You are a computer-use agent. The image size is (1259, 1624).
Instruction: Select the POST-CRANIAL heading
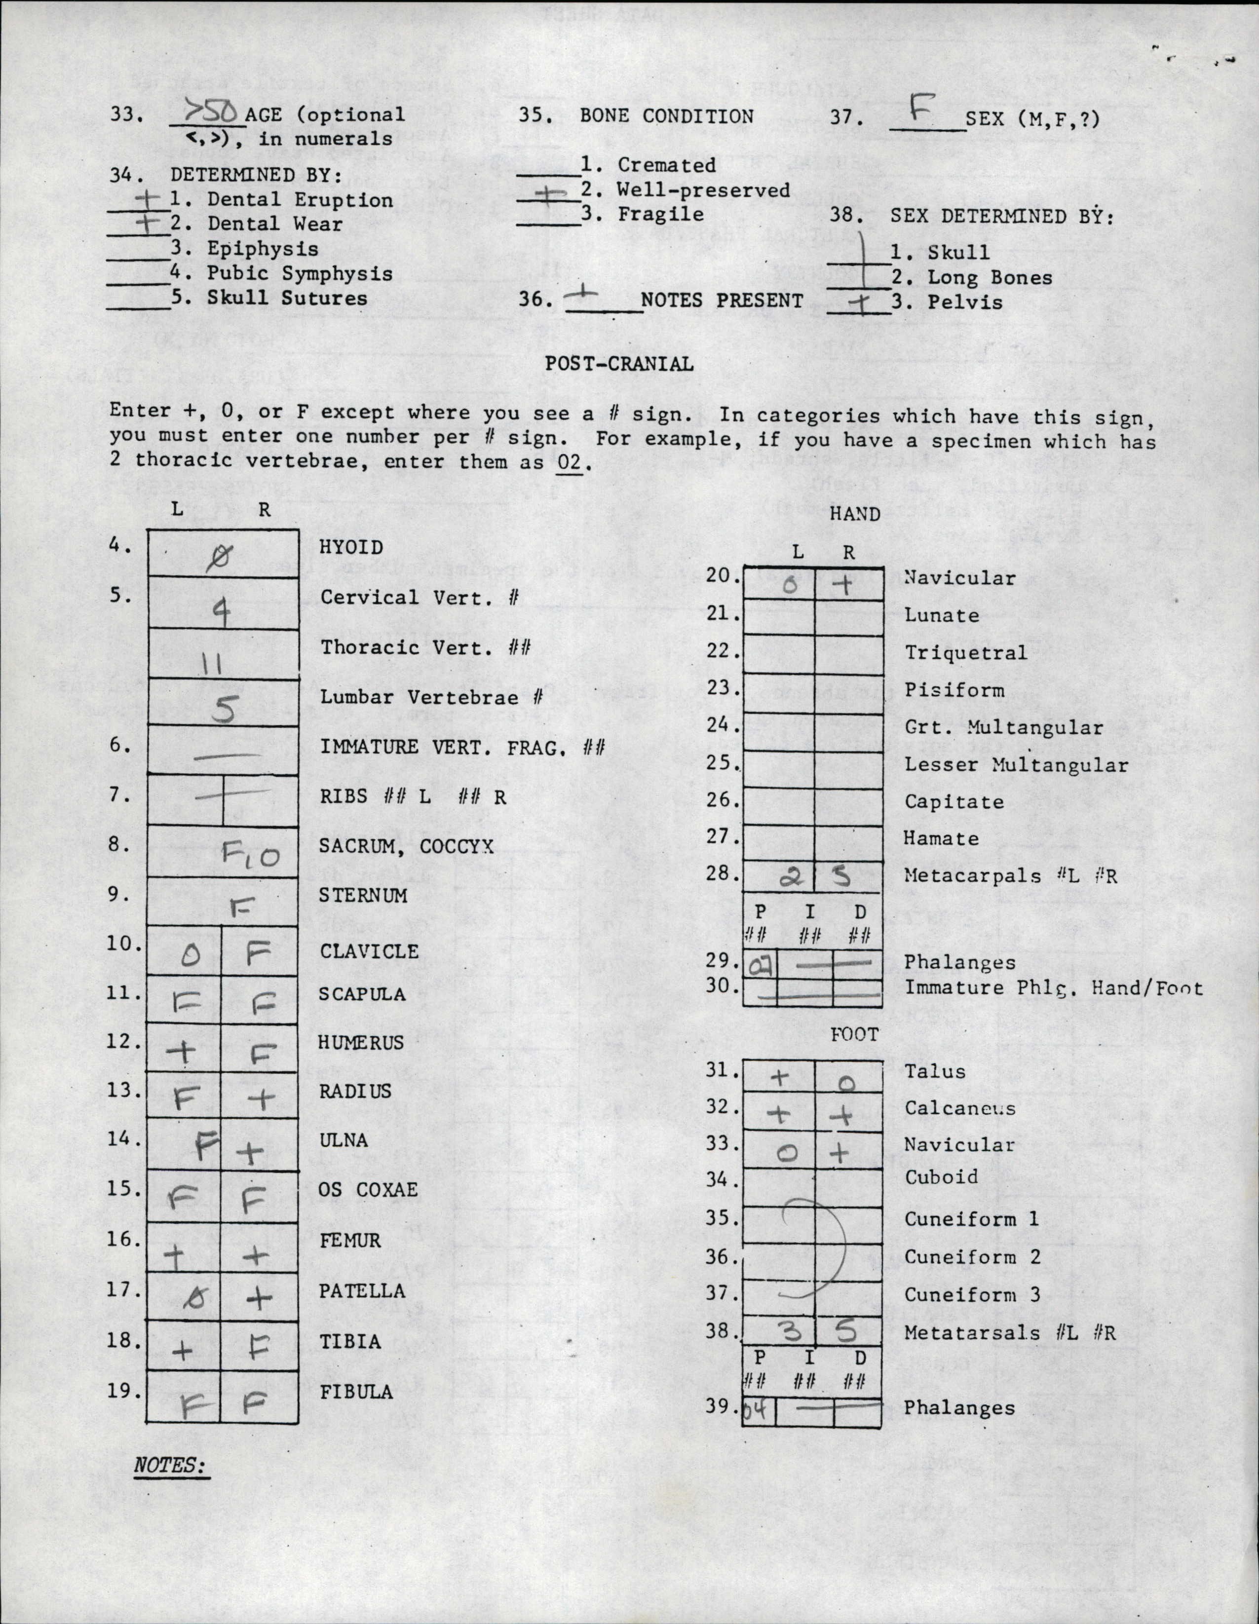pos(619,364)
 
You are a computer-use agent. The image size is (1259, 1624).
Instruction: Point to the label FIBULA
pos(356,1391)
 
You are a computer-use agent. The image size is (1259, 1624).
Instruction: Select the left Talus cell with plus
pos(779,1077)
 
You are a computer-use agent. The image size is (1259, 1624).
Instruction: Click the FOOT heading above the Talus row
pos(854,1034)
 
